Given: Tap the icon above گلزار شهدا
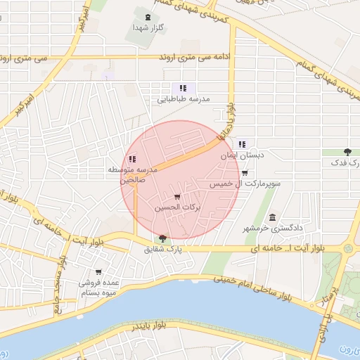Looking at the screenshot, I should [x=147, y=17].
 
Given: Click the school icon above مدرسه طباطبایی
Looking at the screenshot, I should [x=183, y=88].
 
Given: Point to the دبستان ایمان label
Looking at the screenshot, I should [x=241, y=155].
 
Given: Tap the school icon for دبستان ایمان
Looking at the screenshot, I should [x=242, y=144].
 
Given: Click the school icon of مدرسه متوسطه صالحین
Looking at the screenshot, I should [x=132, y=159].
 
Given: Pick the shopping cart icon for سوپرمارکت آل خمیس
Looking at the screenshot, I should [x=244, y=173].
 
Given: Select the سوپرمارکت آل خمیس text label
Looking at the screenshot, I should [x=245, y=184].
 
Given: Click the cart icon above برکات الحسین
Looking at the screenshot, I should [x=176, y=197].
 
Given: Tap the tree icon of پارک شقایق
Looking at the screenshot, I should [x=163, y=238].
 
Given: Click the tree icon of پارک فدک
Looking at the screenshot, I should [x=347, y=152].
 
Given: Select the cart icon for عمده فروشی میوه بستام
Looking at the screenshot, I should [x=98, y=271].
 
